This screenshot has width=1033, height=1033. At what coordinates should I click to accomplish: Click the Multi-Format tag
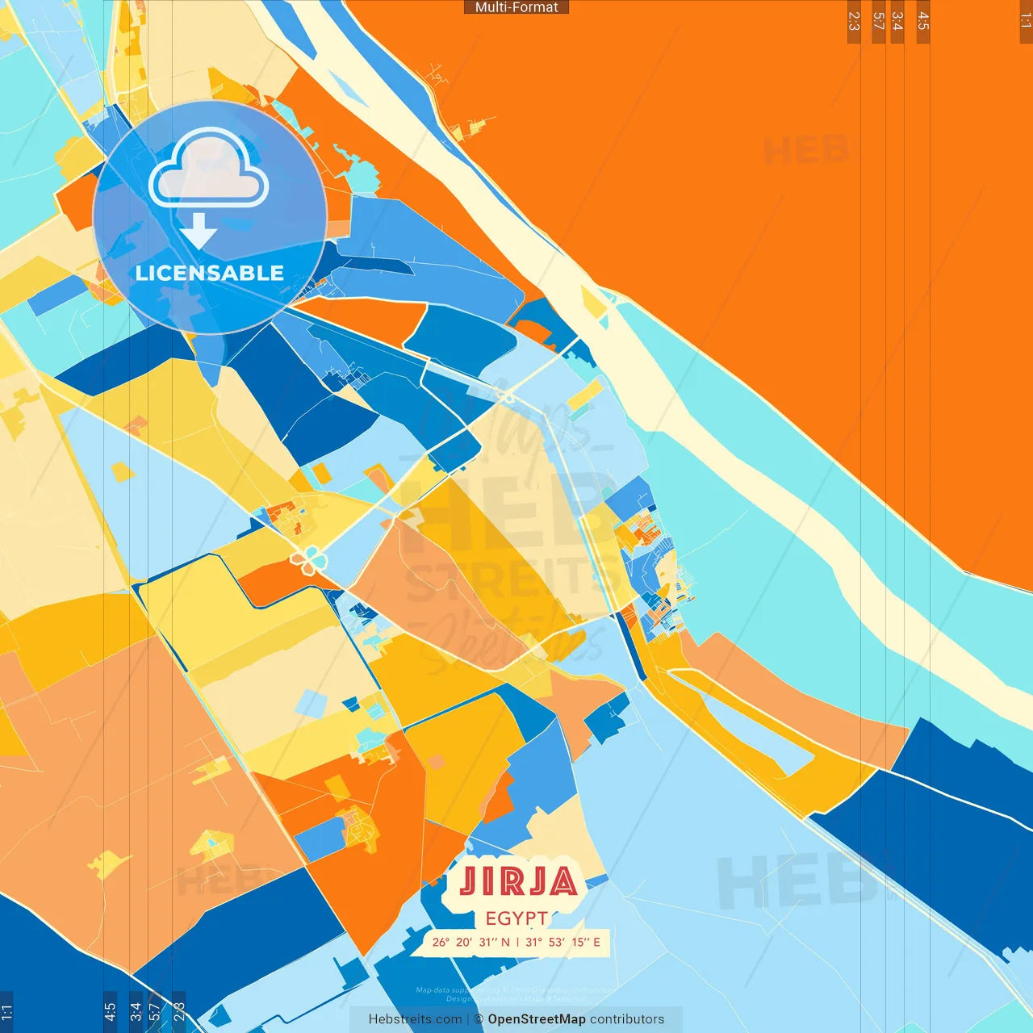[x=516, y=7]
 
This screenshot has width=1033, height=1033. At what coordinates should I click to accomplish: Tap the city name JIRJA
[x=518, y=882]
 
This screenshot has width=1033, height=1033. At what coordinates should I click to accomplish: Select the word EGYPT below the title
[x=516, y=918]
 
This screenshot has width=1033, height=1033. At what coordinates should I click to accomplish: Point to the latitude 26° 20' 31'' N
[x=470, y=942]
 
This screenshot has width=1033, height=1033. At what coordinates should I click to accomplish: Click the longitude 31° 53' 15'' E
[x=563, y=942]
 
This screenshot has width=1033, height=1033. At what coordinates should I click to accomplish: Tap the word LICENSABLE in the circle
[x=210, y=273]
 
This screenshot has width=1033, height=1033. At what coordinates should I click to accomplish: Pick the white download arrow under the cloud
[x=199, y=232]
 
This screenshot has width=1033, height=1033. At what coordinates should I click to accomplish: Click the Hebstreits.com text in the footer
[x=415, y=1019]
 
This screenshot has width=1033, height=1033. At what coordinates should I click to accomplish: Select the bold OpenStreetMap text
[x=537, y=1019]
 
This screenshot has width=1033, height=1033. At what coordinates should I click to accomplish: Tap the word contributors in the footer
[x=627, y=1019]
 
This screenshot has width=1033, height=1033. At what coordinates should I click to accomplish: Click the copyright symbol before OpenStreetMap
[x=479, y=1019]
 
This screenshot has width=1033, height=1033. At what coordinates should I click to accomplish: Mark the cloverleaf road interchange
[x=307, y=559]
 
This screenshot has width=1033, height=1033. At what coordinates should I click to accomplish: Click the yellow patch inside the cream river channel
[x=594, y=303]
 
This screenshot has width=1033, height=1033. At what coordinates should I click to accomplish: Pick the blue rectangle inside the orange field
[x=320, y=839]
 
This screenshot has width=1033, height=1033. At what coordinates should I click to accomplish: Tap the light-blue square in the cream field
[x=310, y=703]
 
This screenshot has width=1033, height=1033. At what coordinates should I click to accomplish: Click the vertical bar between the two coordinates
[x=517, y=942]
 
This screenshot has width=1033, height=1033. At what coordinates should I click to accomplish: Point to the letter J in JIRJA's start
[x=469, y=882]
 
